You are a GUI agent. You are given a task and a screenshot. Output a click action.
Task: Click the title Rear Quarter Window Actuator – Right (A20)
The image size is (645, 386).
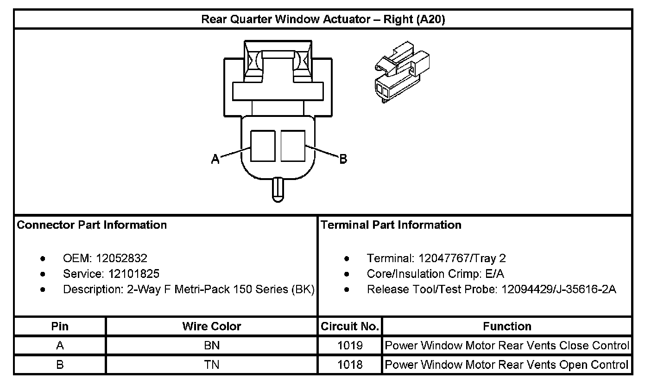coord(323,19)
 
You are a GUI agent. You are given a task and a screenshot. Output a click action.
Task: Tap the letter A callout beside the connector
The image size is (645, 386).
coord(215,159)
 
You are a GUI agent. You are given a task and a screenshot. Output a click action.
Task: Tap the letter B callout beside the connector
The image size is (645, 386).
coord(343,159)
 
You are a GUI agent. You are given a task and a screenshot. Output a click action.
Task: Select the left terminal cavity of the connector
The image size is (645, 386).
coord(263,146)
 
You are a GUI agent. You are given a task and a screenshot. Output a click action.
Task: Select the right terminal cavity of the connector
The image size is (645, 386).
coord(293,146)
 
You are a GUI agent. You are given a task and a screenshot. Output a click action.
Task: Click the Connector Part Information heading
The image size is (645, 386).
coord(92,225)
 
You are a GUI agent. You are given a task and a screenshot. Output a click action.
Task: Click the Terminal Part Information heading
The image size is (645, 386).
coord(391,225)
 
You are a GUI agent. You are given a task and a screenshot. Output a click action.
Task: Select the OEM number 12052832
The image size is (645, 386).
coord(121,258)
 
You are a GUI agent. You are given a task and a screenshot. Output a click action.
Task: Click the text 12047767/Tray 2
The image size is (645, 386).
coord(462,258)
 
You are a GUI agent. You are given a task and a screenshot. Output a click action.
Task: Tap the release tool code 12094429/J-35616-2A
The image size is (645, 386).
coord(559,289)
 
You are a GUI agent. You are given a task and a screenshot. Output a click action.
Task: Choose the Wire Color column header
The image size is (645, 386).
coord(212,326)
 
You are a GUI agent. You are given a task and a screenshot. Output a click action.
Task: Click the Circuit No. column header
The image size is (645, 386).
coord(350,326)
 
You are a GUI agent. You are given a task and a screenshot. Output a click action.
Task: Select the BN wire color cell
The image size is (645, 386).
coord(212,346)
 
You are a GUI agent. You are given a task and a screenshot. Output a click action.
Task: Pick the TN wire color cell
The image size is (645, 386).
coord(212,365)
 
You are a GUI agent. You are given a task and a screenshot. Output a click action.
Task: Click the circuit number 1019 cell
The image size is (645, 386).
coord(350,346)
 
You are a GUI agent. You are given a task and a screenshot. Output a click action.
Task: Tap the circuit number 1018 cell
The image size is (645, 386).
coord(350,365)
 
